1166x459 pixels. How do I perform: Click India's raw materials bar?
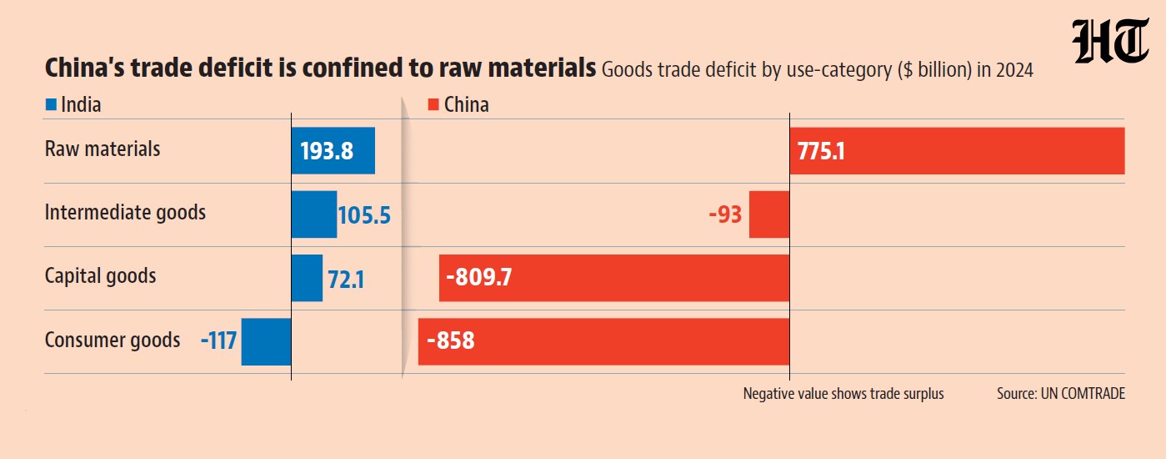click(333, 150)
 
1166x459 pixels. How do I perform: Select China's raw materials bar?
click(958, 150)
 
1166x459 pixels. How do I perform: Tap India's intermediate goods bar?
click(314, 214)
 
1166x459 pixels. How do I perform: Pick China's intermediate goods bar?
click(769, 214)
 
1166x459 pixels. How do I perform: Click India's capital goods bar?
click(307, 278)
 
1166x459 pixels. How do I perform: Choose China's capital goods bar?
click(614, 278)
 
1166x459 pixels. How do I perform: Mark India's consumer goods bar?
click(266, 341)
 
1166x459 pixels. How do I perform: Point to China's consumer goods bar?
click(603, 341)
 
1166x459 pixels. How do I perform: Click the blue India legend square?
click(51, 104)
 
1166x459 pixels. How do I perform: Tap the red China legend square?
click(433, 104)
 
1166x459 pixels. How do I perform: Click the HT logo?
click(1110, 41)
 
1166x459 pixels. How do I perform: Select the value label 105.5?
click(364, 215)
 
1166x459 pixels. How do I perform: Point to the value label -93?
click(725, 214)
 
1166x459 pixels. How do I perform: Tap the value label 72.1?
click(346, 280)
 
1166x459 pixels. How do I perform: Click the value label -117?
click(218, 341)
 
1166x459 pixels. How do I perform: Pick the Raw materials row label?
click(103, 149)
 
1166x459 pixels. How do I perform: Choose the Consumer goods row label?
click(113, 340)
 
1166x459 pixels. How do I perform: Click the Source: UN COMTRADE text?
click(1061, 393)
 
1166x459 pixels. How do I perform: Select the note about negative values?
click(843, 394)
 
